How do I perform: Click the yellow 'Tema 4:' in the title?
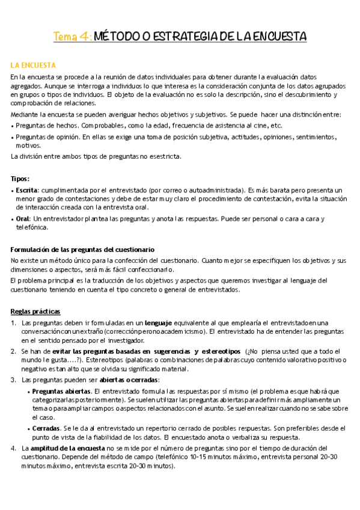73,37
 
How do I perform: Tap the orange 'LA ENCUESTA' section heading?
34,64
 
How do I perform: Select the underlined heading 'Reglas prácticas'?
35,311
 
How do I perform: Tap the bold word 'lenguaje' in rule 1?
159,322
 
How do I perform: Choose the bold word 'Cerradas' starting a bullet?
46,428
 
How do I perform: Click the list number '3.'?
14,379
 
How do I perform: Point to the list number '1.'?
14,322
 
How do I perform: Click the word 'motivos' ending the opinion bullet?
28,145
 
